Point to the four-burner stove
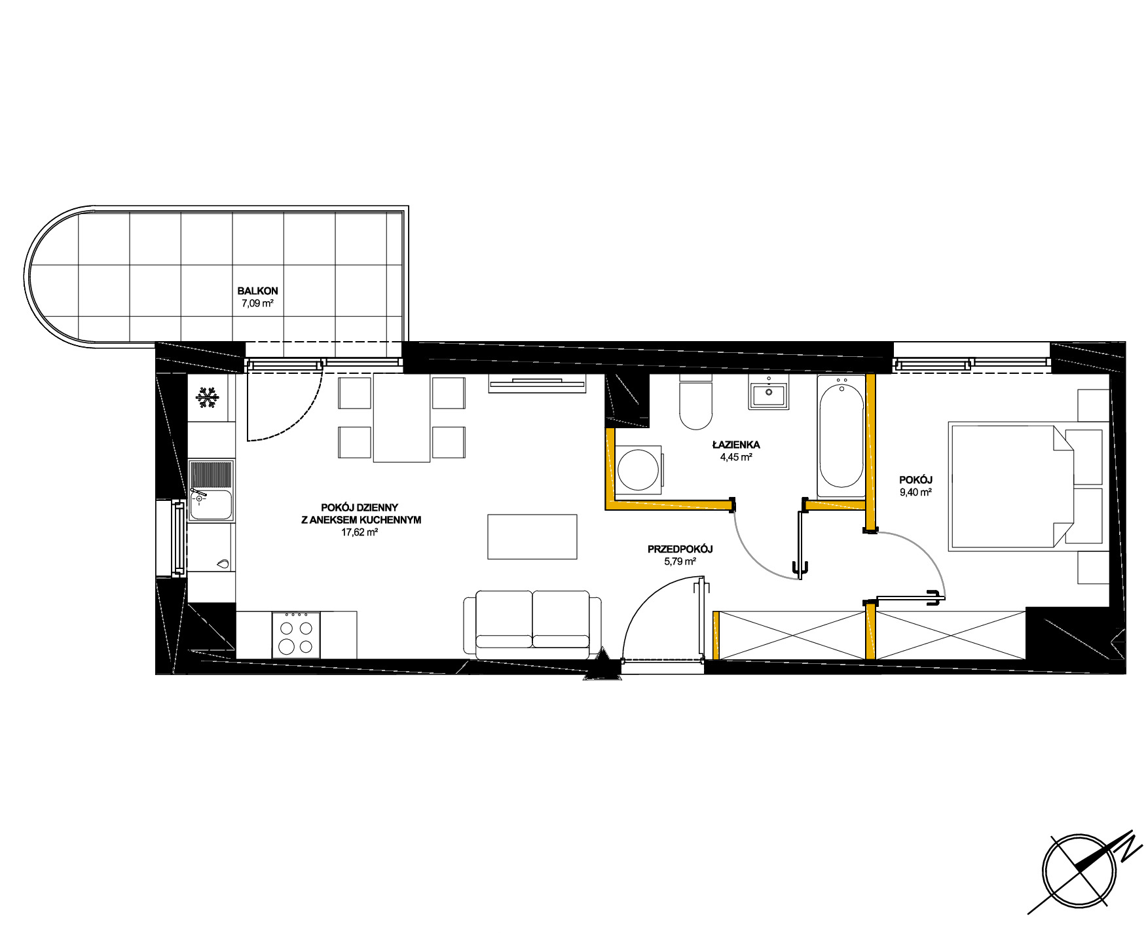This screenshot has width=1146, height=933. click(297, 635)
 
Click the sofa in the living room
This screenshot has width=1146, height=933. click(532, 625)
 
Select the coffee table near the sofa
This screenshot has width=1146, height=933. click(532, 536)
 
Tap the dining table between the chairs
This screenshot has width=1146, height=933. click(402, 418)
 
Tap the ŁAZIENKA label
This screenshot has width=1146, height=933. click(735, 445)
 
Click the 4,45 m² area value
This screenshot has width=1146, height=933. click(735, 458)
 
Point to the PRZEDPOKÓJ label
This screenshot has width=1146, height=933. click(680, 549)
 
